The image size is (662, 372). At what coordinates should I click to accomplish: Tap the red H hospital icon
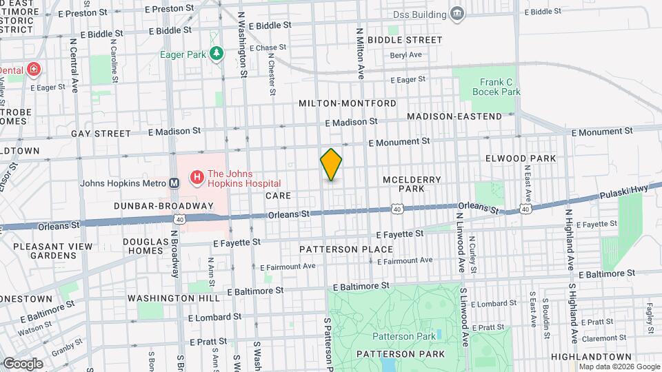(x=197, y=178)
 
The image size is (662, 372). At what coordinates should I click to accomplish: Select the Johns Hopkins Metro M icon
(x=174, y=183)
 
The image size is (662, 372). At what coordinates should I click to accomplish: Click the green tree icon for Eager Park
(x=217, y=53)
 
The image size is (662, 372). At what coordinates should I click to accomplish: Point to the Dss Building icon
(x=457, y=14)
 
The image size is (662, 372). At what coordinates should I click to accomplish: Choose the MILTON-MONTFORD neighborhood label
(x=348, y=103)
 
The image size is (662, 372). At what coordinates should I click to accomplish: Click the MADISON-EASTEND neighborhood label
(x=454, y=116)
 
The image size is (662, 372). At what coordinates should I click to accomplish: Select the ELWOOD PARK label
(x=521, y=158)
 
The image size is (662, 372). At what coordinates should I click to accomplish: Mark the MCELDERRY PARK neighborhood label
(x=412, y=184)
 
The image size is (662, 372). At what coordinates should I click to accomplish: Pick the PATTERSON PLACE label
(x=346, y=249)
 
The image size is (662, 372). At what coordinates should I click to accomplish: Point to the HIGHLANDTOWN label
(x=592, y=356)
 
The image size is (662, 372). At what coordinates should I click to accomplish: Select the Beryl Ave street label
(x=405, y=55)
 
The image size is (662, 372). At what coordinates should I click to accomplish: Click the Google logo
(x=22, y=363)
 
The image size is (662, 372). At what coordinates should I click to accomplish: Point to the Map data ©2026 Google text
(x=620, y=367)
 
